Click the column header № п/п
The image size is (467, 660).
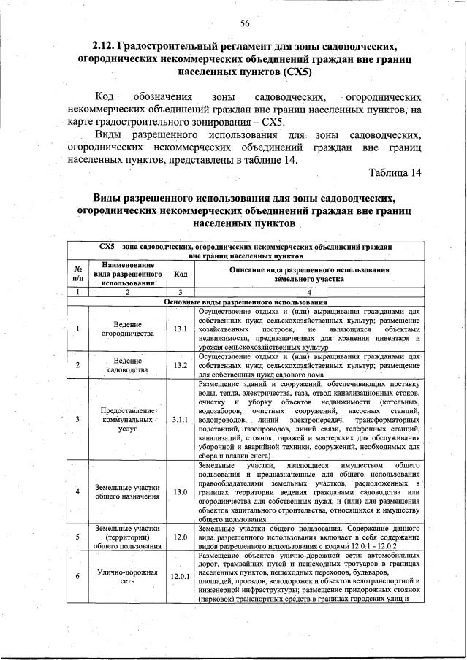(x=77, y=275)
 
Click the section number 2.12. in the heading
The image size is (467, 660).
(x=108, y=45)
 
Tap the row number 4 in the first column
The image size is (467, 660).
(x=77, y=491)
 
